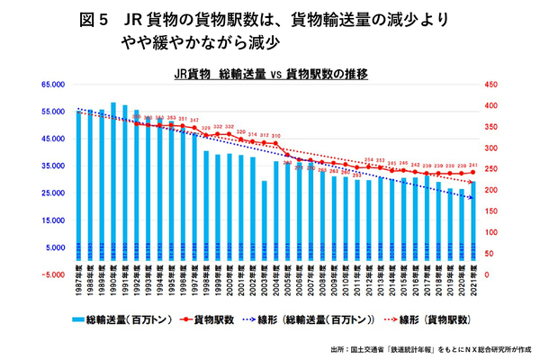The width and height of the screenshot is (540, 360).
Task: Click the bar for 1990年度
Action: click(x=112, y=180)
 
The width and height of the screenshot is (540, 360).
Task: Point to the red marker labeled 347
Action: click(x=194, y=127)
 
